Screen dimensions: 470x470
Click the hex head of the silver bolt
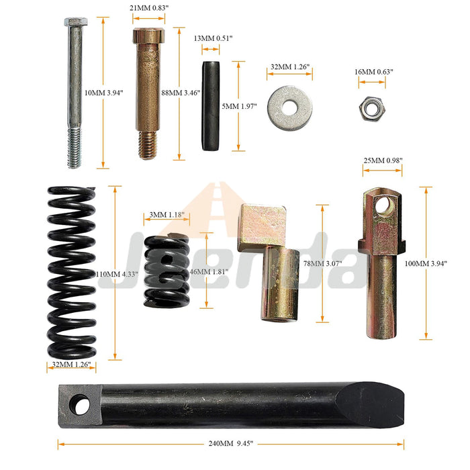(76, 21)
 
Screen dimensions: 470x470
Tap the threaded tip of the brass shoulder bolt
(148, 145)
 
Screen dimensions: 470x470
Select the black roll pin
(210, 106)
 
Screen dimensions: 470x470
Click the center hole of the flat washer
(289, 107)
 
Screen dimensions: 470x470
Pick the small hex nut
(372, 108)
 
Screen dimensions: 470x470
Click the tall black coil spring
(72, 272)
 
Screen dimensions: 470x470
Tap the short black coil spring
(167, 271)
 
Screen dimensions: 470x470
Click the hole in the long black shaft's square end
(80, 405)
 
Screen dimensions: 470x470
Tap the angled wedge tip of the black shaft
(371, 405)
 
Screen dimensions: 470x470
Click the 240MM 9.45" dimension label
(231, 444)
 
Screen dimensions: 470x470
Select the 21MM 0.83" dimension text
(149, 8)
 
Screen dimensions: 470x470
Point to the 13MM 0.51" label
(213, 38)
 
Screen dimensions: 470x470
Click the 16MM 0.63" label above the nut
(374, 72)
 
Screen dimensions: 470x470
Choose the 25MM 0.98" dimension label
(383, 160)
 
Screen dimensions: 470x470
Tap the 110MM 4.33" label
(117, 274)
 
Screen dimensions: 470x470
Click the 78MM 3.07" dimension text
(322, 263)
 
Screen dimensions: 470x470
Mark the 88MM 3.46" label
(181, 93)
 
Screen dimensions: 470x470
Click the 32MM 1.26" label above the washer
(290, 67)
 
